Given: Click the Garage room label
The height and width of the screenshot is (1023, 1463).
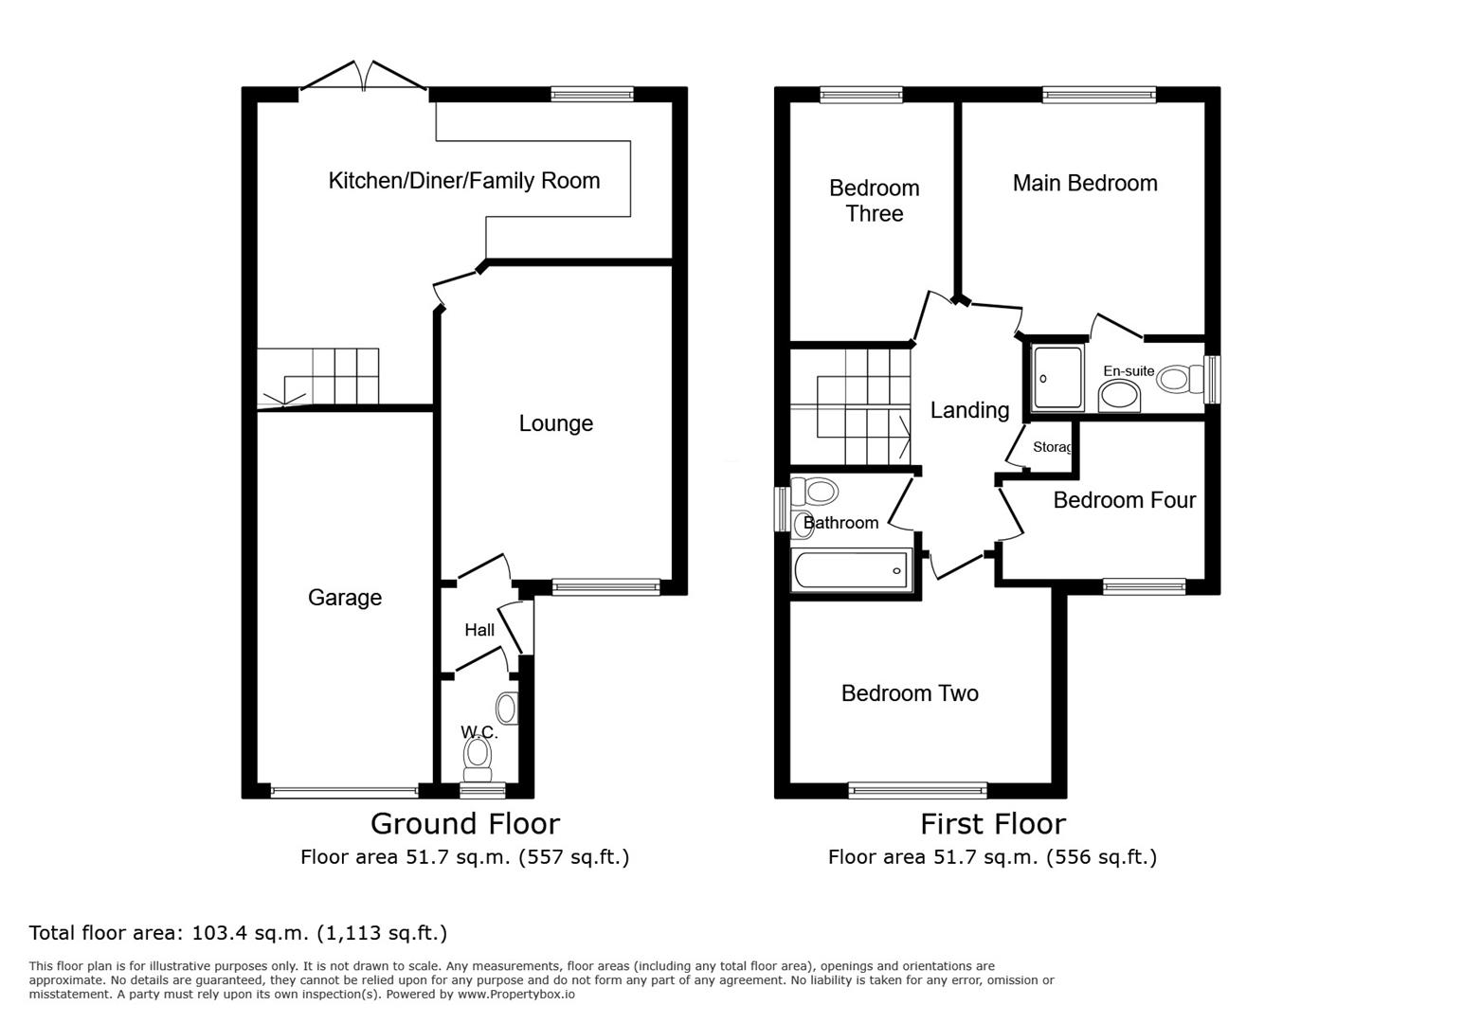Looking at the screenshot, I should tap(345, 598).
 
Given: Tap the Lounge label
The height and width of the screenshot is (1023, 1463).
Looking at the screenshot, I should tap(555, 423).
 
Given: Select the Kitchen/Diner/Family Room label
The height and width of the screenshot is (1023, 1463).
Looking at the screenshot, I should tap(463, 180).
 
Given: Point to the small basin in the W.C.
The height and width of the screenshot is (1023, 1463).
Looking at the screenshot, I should tap(508, 709).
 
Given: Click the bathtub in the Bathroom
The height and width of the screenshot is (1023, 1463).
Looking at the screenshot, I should tap(851, 570).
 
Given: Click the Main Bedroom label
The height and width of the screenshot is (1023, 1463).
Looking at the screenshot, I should tap(1085, 183).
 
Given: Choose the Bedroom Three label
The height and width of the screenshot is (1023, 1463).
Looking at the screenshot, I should tap(874, 201).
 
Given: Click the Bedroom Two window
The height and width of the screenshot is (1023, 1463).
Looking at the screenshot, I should tap(917, 790).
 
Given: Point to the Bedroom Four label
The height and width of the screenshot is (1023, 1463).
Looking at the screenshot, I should tap(1124, 500).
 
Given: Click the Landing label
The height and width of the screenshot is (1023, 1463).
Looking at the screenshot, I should tap(969, 410).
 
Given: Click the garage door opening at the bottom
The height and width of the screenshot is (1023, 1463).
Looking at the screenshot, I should tap(344, 791).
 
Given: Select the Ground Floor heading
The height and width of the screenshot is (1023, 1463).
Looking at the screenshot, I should tap(464, 823).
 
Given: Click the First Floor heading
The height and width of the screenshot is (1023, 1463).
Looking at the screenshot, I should tap(992, 823).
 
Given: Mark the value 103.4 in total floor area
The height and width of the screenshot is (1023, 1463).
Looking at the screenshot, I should tap(217, 933).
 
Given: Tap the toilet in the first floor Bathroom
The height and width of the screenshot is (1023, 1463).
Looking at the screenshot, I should tap(818, 492).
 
